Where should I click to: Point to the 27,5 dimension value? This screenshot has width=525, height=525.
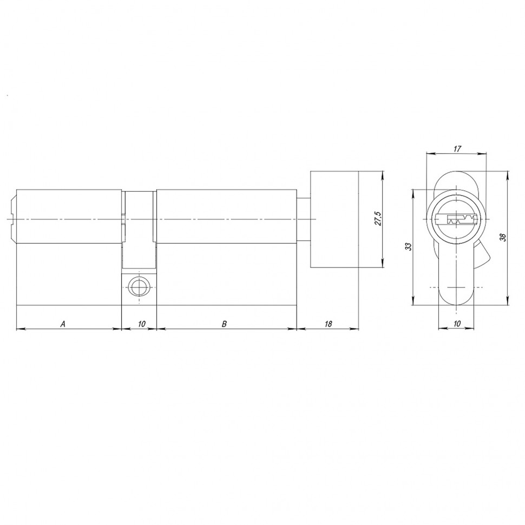pos(378,220)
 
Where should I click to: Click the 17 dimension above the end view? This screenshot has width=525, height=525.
pos(457,149)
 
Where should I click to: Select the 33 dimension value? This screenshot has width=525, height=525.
pos(409,246)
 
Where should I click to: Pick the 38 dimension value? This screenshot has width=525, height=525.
pos(503,238)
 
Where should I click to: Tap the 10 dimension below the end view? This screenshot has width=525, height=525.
pos(457,324)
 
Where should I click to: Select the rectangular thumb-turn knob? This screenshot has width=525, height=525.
pos(334,220)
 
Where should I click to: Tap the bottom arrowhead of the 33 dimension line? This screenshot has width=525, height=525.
pos(414,303)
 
